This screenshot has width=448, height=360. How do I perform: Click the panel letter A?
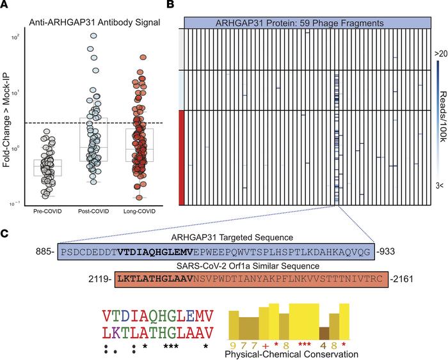click(x=5, y=6)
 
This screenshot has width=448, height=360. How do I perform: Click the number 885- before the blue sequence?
click(x=47, y=251)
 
